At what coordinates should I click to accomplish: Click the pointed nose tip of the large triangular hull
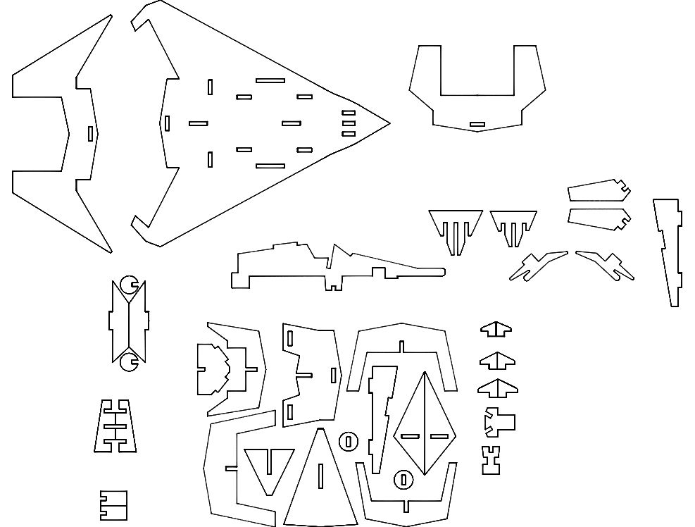388,123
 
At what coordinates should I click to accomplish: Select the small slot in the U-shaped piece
477,125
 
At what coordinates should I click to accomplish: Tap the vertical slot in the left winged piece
90,133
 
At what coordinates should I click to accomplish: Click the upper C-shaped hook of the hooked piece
128,285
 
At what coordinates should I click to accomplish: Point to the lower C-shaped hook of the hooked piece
128,362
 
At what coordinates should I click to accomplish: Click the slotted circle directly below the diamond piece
403,480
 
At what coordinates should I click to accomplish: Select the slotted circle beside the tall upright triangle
349,442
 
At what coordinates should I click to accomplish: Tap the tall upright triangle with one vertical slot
320,483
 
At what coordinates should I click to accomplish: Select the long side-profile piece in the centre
331,268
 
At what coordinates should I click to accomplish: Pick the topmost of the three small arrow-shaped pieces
496,329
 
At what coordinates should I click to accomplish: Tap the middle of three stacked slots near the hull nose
349,123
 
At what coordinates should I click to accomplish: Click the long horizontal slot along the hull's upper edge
270,80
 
